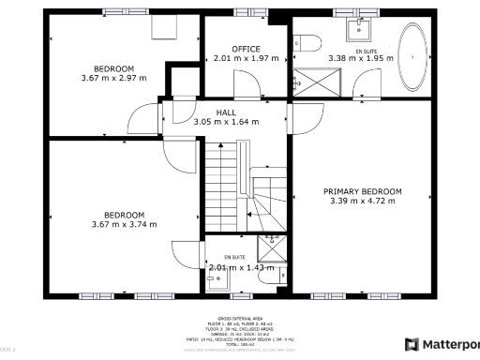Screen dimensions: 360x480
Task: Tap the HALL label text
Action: [226, 112]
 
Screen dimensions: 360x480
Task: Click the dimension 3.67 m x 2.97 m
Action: [113, 78]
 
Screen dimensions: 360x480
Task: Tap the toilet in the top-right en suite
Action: [307, 42]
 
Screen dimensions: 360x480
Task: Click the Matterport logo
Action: [441, 344]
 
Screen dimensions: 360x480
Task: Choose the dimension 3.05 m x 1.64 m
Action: [226, 121]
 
